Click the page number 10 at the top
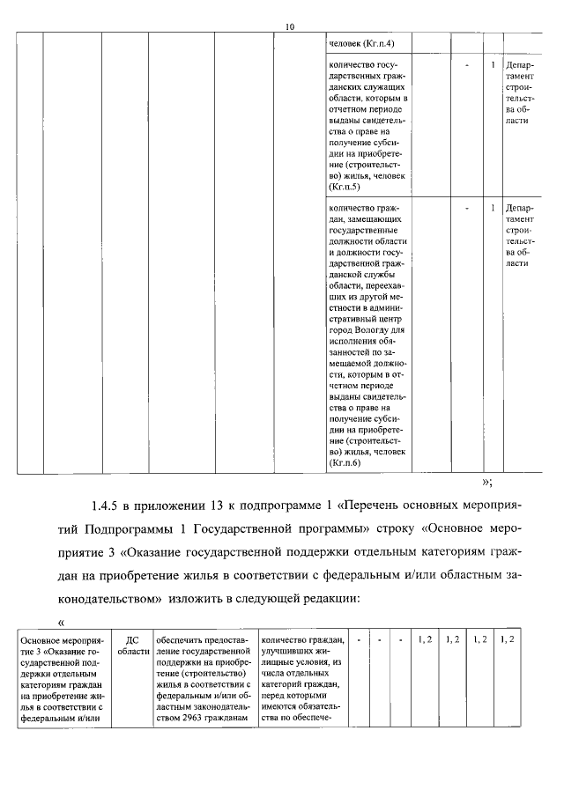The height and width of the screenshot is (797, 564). click(x=290, y=26)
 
